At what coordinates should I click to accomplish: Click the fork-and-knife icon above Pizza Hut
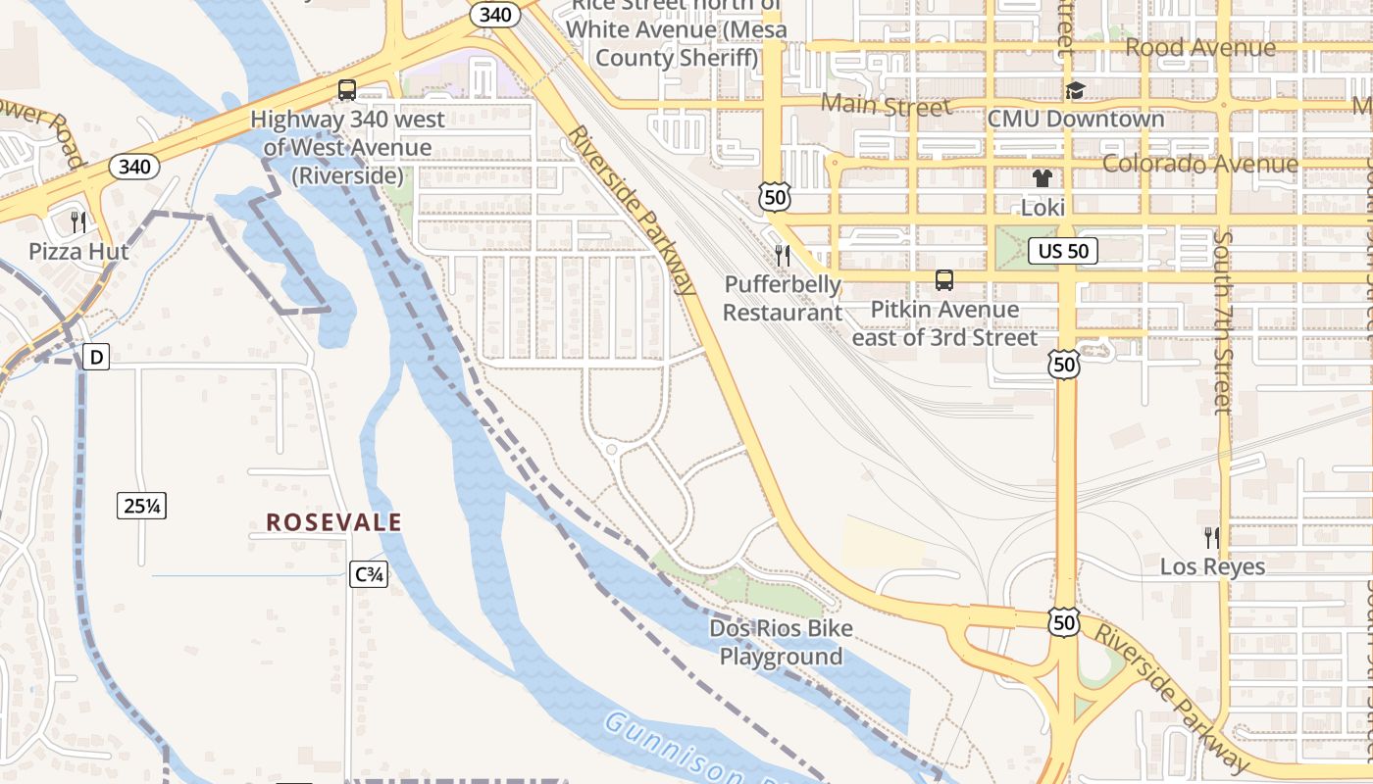(78, 221)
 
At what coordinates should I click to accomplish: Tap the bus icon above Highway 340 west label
(346, 90)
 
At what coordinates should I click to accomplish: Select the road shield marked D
(95, 358)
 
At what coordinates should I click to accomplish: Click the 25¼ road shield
(142, 506)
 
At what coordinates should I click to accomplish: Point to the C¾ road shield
(369, 574)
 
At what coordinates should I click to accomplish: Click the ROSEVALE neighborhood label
(333, 522)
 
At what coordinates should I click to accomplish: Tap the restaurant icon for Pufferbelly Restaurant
(782, 256)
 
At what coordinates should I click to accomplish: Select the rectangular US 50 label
(1064, 251)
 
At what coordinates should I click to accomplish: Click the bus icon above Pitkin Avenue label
(943, 280)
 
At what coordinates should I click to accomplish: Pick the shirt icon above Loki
(1042, 178)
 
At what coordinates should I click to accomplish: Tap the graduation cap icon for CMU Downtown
(1075, 90)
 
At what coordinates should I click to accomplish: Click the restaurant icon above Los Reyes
(1211, 537)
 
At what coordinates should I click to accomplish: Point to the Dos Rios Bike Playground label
(781, 642)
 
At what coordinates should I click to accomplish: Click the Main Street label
(885, 105)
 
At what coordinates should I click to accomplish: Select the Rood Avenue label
(1199, 47)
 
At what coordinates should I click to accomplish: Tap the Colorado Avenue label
(1199, 163)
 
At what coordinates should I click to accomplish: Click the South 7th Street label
(1222, 322)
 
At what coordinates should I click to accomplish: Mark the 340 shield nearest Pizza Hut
(134, 167)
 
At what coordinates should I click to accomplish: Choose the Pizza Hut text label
(78, 251)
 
